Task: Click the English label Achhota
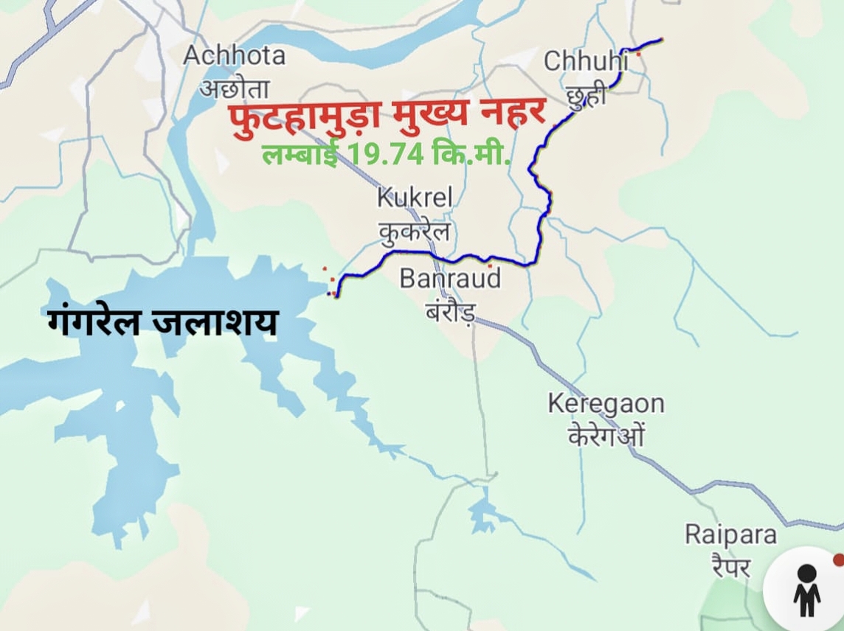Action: tap(234, 55)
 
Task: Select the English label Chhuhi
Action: tap(586, 61)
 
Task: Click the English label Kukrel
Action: tap(414, 198)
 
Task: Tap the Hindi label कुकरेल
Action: tap(414, 231)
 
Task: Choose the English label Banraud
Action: tap(450, 279)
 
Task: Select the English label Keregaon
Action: tap(606, 404)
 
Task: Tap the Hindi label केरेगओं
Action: tap(606, 436)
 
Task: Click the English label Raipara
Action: tap(730, 534)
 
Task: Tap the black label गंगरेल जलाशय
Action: tap(162, 323)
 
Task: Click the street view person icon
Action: tap(806, 589)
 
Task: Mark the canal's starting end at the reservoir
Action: tap(336, 296)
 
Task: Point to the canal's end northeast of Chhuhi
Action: tap(660, 39)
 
